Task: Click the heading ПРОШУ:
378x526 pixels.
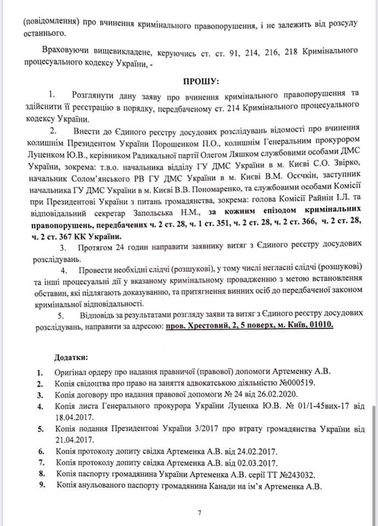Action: (x=201, y=81)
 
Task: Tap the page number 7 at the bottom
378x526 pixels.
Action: (x=200, y=512)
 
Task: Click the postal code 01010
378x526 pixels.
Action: (x=320, y=325)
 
